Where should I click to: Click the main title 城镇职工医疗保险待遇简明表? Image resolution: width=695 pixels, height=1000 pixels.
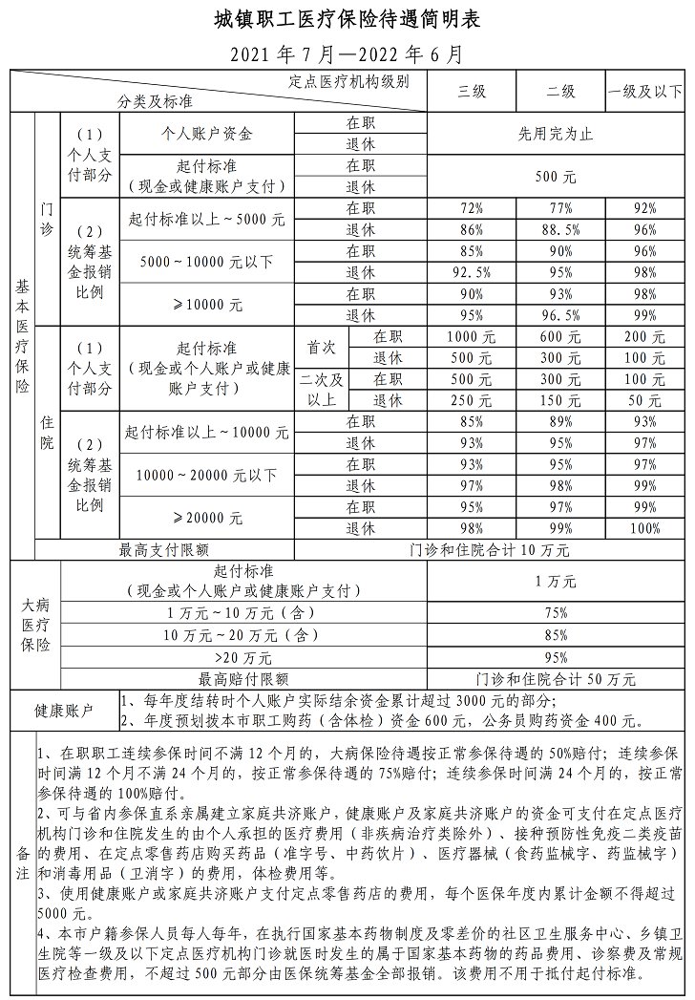tap(347, 19)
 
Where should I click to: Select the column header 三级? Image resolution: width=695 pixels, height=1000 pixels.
tap(472, 92)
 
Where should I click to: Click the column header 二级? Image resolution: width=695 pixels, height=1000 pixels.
tap(560, 92)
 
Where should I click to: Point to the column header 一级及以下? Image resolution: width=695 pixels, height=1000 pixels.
tap(645, 92)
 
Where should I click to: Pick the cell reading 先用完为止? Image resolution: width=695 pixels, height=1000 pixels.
tap(557, 134)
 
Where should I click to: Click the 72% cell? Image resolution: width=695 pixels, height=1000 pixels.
tap(472, 207)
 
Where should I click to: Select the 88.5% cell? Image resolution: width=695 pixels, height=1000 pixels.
tap(560, 230)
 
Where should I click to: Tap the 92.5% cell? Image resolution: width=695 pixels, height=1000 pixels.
tap(472, 271)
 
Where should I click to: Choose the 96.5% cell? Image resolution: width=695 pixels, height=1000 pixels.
tap(560, 314)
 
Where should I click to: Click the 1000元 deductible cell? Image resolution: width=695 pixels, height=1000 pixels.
tap(472, 336)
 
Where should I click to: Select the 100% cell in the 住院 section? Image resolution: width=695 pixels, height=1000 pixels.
tap(645, 528)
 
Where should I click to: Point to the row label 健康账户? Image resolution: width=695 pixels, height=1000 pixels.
tap(64, 712)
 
